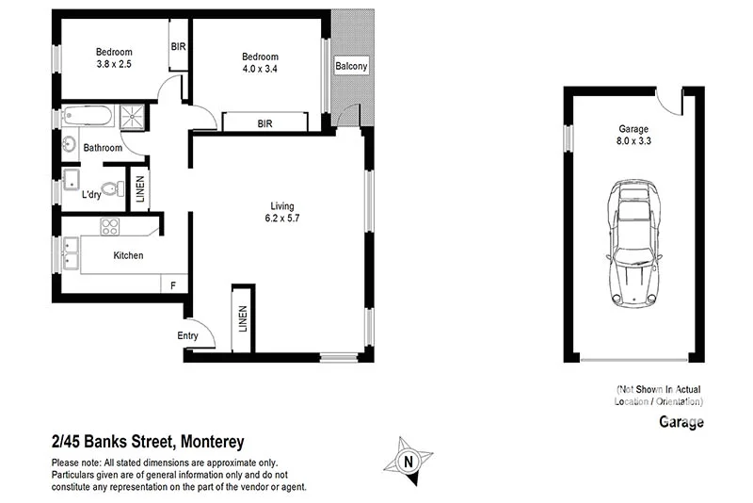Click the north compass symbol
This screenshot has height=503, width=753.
point(408,460)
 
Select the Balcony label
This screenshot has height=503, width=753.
point(351,66)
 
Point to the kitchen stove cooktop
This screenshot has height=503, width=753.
point(110,226)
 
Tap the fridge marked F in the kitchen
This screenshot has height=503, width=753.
point(173,284)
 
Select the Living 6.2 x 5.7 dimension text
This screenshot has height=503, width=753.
point(282,212)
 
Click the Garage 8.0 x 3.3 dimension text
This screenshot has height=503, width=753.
point(634,137)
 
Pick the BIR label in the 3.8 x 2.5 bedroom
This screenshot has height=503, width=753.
point(177,45)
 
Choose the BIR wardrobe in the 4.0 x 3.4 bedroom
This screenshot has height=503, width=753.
point(264,122)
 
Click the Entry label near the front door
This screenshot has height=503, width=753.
point(188,336)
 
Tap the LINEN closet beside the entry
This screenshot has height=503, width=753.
point(243,320)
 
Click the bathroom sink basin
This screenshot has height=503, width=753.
point(69,146)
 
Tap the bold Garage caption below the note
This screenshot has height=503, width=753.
point(681,422)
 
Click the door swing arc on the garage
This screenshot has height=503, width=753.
point(670,99)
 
